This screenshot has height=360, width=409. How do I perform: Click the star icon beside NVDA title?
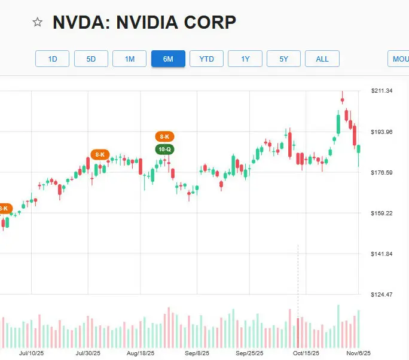(x=38, y=22)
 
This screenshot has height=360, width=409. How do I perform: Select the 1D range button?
(x=53, y=59)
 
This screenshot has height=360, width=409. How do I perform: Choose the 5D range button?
(x=91, y=59)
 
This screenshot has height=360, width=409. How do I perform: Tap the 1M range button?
(x=130, y=59)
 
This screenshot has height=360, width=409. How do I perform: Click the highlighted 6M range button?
(x=168, y=59)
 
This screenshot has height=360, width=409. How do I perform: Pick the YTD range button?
(x=206, y=59)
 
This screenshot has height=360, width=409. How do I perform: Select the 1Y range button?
(x=245, y=59)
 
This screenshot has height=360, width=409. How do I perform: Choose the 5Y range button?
(x=283, y=59)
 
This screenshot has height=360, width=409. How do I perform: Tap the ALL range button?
(x=322, y=59)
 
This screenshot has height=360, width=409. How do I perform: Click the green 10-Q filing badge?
(x=164, y=149)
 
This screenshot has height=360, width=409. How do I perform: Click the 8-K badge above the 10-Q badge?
(x=164, y=137)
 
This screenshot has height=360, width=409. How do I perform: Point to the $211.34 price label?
(x=381, y=91)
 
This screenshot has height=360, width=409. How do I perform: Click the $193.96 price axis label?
(x=381, y=132)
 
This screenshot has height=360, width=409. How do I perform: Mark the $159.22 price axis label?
(x=381, y=213)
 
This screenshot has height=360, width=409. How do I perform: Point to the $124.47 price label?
(x=381, y=294)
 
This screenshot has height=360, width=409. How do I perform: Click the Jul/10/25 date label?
(x=31, y=353)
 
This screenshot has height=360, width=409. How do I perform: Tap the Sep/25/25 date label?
(x=251, y=353)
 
